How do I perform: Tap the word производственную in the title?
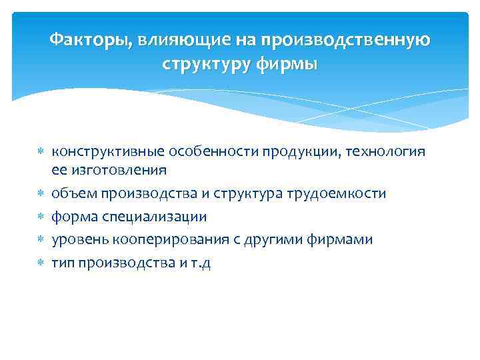click(346, 41)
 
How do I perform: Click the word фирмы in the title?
click(286, 65)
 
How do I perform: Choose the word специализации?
click(161, 217)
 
